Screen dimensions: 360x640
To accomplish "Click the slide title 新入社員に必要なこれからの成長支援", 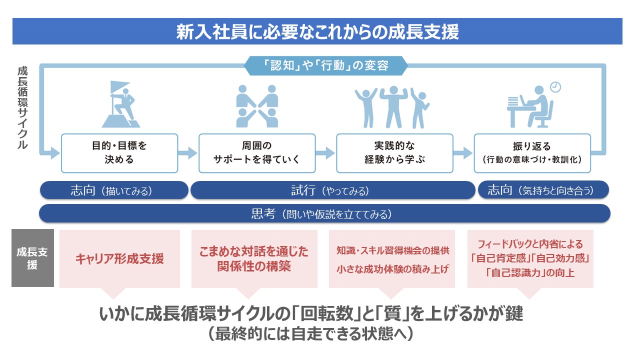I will point(317,32).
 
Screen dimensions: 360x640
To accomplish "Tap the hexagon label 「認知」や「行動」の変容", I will point(325,65).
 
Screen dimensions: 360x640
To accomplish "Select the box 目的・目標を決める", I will point(119,153).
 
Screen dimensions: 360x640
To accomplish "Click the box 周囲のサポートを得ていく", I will point(257,153).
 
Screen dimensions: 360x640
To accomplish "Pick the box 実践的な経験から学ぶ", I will point(394,153).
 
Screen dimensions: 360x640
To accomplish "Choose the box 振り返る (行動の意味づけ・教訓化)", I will point(532,153).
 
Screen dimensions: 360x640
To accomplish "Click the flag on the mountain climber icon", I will point(120,87).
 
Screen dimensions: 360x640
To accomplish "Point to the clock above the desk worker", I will point(555,87).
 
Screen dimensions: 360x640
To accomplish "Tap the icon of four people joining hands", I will point(257,105).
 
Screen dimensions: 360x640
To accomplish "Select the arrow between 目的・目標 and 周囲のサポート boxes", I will point(188,153).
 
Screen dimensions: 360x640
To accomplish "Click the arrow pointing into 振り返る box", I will point(463,153).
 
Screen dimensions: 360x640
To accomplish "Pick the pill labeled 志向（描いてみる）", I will point(113,190).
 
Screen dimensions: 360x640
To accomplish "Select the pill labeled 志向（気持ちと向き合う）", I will point(543,190).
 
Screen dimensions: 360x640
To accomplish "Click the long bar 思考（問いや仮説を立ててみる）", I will point(324,214).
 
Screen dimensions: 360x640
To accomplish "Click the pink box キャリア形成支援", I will point(119,259).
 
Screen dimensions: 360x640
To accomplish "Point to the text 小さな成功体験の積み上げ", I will point(392,269).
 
